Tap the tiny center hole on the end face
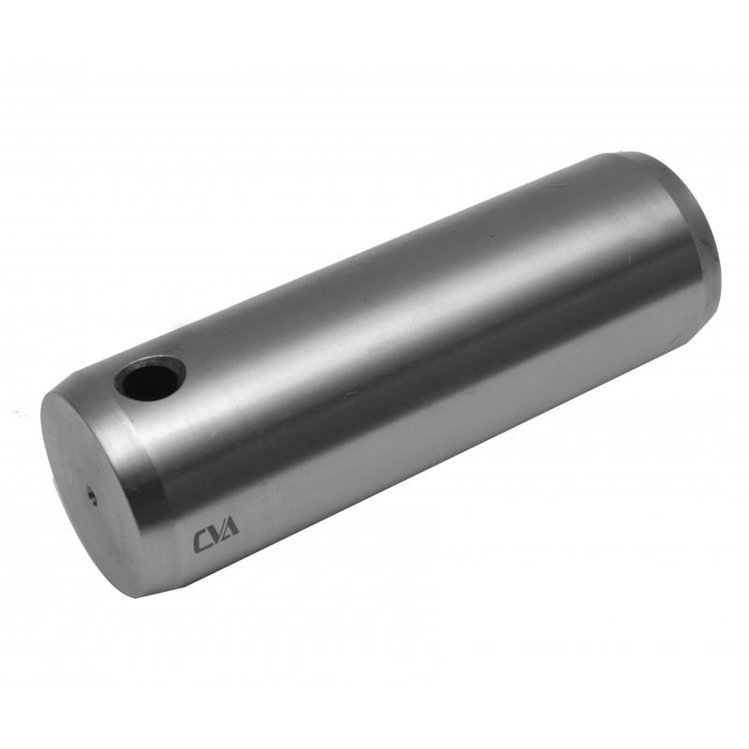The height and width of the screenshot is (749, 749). [91, 495]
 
